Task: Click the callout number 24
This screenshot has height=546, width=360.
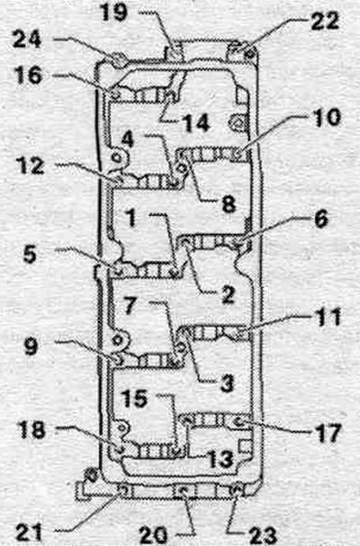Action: point(27,40)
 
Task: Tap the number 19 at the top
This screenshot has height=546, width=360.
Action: point(113,13)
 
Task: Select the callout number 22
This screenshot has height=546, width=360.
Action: point(325,21)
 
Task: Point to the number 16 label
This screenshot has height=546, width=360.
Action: point(29,76)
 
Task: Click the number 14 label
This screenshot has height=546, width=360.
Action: point(196,123)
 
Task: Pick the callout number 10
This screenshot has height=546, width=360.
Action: point(326,117)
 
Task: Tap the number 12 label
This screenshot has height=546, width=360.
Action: point(31,166)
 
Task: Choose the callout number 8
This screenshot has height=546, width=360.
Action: point(229,203)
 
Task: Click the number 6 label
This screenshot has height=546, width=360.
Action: point(321,219)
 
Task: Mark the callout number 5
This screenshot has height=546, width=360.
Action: point(30,255)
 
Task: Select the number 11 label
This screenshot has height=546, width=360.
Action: point(327,317)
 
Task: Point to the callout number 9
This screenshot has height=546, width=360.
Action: point(31,346)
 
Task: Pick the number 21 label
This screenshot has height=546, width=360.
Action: point(29,533)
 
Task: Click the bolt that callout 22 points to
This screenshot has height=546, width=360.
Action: point(248,54)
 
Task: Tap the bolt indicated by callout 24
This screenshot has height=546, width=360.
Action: point(117,58)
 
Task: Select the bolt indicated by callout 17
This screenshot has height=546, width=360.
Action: point(239,422)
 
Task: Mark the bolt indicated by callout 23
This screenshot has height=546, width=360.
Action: point(237,490)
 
